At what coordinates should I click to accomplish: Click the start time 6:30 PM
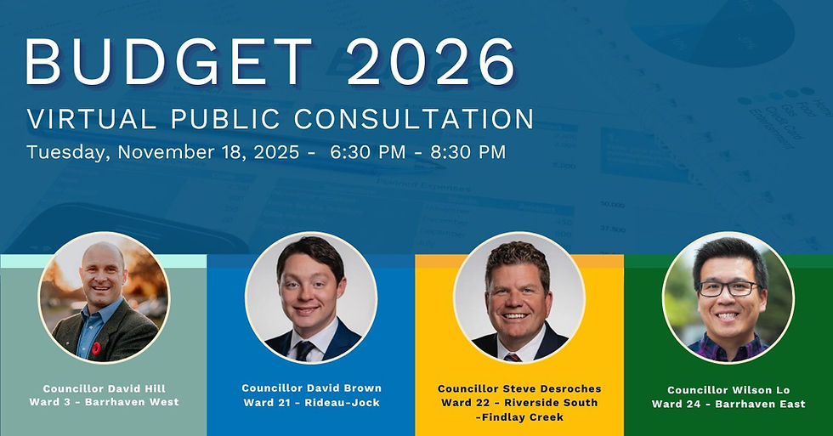click(367, 153)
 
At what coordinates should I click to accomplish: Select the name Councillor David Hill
click(104, 388)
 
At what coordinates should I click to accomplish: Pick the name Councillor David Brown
click(311, 388)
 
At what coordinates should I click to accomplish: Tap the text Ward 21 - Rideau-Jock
click(311, 402)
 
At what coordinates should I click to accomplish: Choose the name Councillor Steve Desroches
click(519, 388)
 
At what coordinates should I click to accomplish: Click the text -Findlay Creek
click(519, 416)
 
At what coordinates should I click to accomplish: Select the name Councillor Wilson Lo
click(728, 390)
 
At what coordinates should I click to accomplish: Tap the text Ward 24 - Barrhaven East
click(728, 404)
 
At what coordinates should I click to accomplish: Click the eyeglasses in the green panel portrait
click(728, 288)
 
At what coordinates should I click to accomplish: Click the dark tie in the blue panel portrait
click(303, 348)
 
